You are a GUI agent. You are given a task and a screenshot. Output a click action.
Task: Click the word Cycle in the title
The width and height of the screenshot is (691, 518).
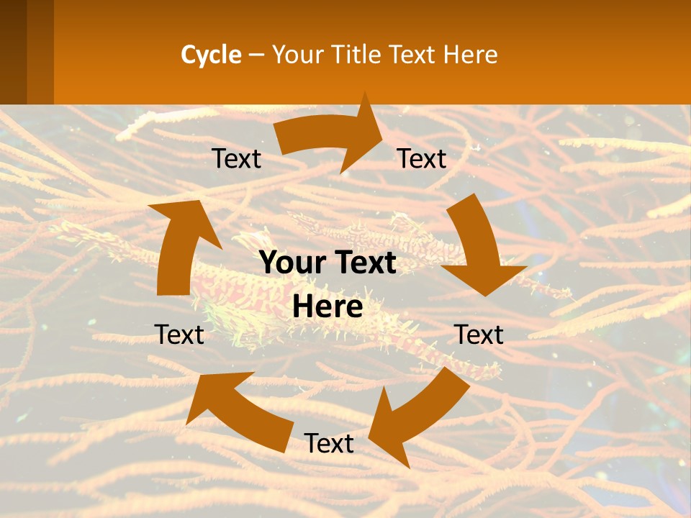click(211, 55)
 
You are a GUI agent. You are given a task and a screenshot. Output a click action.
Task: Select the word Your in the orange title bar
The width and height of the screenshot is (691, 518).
click(297, 55)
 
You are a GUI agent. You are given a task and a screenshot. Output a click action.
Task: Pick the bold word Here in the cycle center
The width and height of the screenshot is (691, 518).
click(328, 307)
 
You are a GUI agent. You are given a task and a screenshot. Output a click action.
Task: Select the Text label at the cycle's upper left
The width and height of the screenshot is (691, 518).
click(236, 159)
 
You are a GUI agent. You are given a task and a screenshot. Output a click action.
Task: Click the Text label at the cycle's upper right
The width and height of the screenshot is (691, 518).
click(422, 159)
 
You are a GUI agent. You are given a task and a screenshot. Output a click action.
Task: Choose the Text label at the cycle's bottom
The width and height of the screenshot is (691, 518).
click(329, 444)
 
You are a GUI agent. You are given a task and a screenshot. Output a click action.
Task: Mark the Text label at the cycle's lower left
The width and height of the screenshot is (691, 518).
click(179, 335)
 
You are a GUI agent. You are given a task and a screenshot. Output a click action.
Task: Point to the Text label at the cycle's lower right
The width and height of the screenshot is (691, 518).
click(479, 335)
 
